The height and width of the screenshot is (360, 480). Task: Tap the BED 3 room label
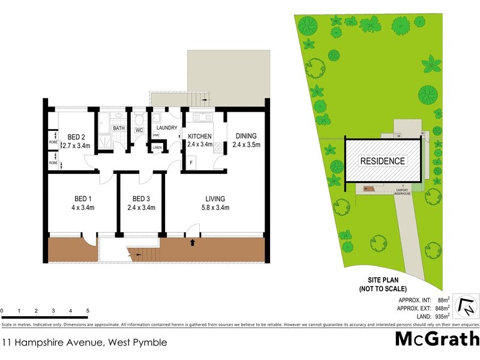(141, 199)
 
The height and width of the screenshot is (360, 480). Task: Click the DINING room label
(245, 136)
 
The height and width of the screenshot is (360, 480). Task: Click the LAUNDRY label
(166, 128)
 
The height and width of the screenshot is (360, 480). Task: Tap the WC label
(138, 130)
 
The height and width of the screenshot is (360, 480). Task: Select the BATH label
(118, 128)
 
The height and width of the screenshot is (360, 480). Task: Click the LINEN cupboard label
(157, 147)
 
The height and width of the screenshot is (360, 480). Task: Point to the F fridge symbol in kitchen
(191, 163)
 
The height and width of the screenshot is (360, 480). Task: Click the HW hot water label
(148, 135)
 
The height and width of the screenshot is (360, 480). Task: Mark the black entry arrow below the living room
(193, 242)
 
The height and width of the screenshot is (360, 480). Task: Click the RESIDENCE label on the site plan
(382, 161)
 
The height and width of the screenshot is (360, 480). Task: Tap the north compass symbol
(466, 306)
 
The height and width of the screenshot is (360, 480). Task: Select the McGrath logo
(436, 339)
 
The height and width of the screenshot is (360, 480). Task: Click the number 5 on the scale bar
(88, 311)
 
